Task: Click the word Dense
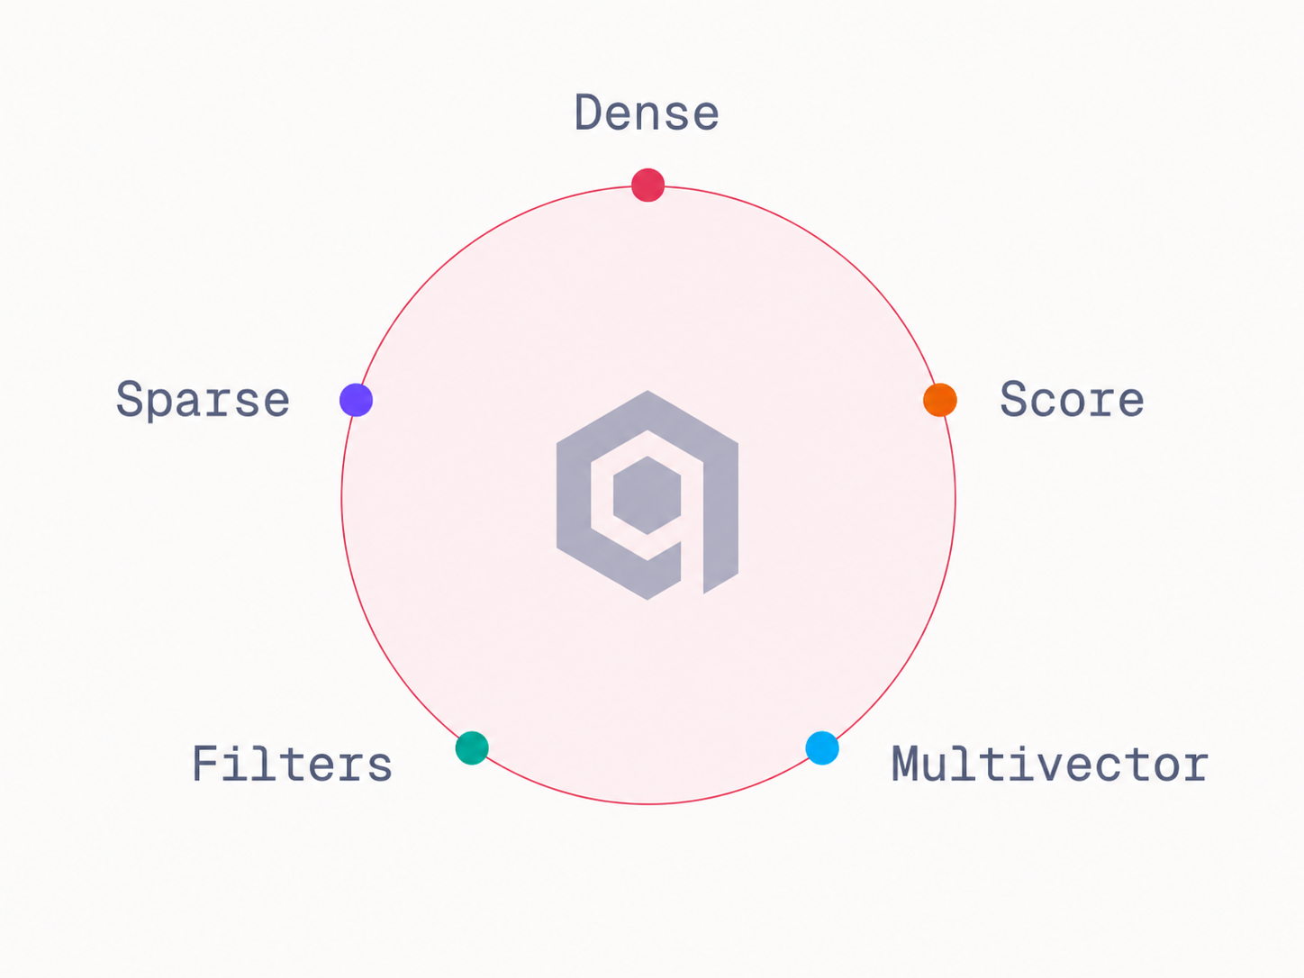pyautogui.click(x=647, y=113)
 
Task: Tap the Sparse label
pyautogui.click(x=203, y=401)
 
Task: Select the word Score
pyautogui.click(x=1072, y=399)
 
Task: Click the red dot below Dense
pyautogui.click(x=647, y=185)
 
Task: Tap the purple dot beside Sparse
pyautogui.click(x=356, y=400)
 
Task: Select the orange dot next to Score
pyautogui.click(x=940, y=400)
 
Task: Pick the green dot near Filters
pyautogui.click(x=472, y=747)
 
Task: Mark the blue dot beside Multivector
pyautogui.click(x=822, y=747)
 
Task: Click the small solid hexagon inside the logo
pyautogui.click(x=647, y=495)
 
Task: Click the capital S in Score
pyautogui.click(x=1014, y=399)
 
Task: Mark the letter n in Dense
pyautogui.click(x=647, y=118)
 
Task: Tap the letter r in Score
pyautogui.click(x=1100, y=404)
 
